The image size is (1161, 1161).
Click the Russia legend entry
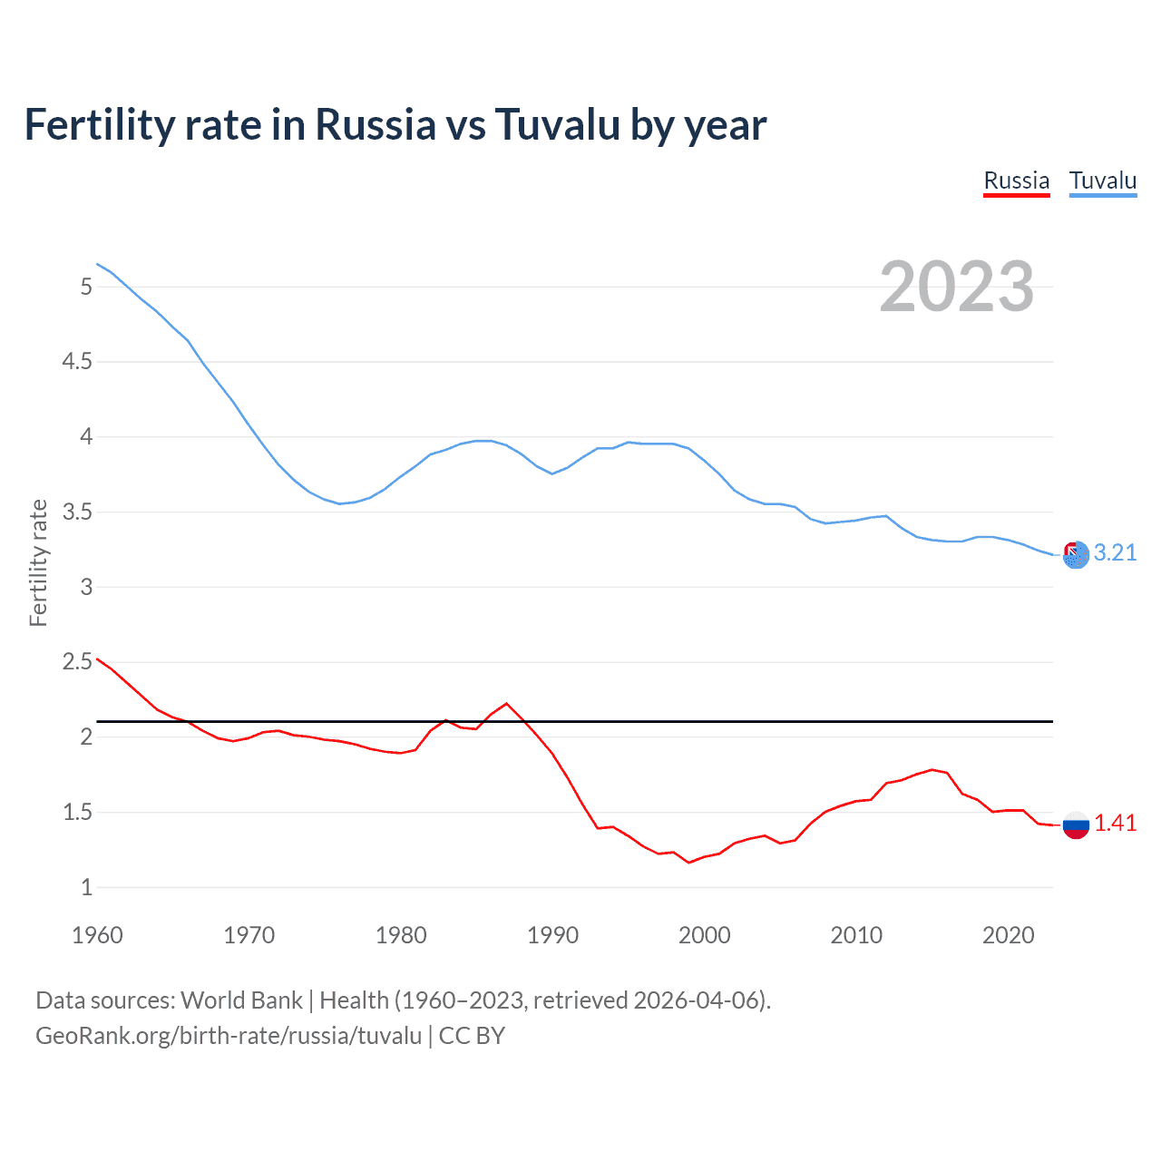pyautogui.click(x=1016, y=180)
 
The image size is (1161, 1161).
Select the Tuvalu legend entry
pyautogui.click(x=1102, y=180)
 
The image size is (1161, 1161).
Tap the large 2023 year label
pyautogui.click(x=956, y=287)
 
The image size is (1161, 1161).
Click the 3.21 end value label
pyautogui.click(x=1115, y=552)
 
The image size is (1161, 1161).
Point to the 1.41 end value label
pyautogui.click(x=1115, y=823)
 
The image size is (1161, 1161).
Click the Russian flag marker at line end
pyautogui.click(x=1076, y=824)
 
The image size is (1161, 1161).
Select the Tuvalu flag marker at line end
pyautogui.click(x=1076, y=554)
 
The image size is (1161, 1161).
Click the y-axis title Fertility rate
pyautogui.click(x=38, y=562)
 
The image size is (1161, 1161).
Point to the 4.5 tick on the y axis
pyautogui.click(x=76, y=362)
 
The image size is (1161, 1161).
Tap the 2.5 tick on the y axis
pyautogui.click(x=76, y=662)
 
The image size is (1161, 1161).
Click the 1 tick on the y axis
pyautogui.click(x=86, y=888)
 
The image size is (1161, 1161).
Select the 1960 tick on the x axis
pyautogui.click(x=97, y=935)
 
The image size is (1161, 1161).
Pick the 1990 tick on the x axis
pyautogui.click(x=552, y=935)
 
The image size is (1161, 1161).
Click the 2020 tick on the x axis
pyautogui.click(x=1008, y=935)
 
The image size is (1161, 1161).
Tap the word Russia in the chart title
pyautogui.click(x=376, y=124)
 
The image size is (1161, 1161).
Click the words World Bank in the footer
pyautogui.click(x=241, y=1000)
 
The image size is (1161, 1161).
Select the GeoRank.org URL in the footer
pyautogui.click(x=229, y=1036)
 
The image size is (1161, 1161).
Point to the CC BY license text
pyautogui.click(x=472, y=1036)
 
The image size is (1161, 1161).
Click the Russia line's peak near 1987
pyautogui.click(x=506, y=703)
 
